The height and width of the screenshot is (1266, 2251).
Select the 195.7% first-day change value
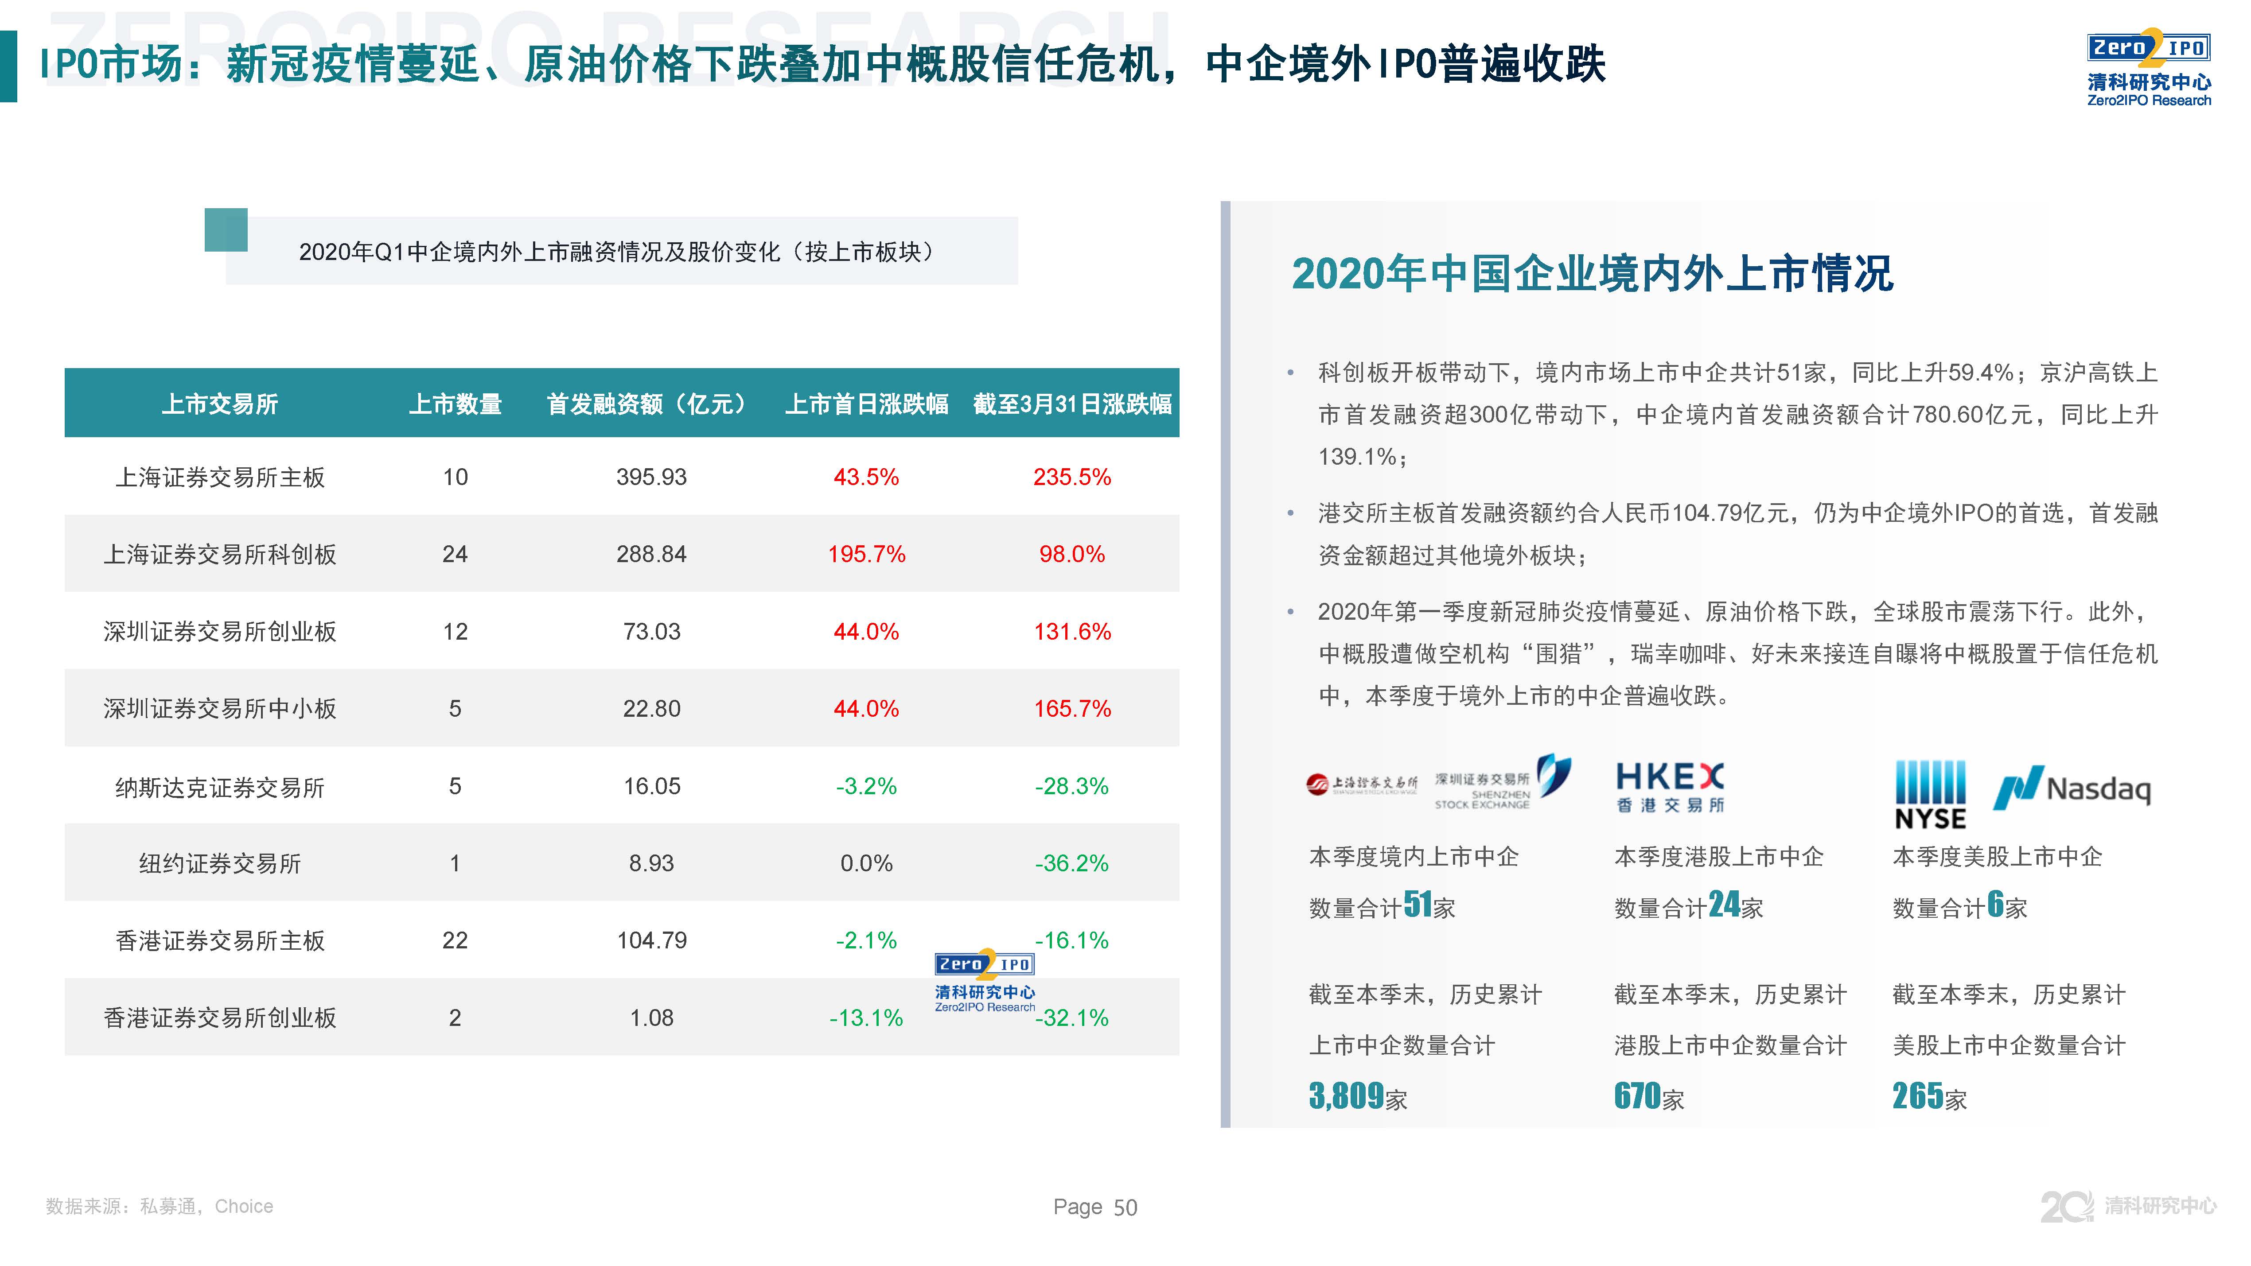click(866, 554)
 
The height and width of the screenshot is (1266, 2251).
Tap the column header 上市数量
click(455, 404)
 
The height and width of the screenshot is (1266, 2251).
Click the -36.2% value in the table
click(1071, 863)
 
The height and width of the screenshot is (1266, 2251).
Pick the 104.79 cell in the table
click(652, 940)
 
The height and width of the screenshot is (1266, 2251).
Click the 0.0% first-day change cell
click(866, 863)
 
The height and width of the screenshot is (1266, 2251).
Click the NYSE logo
click(1929, 793)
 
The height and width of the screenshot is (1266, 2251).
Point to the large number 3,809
click(1347, 1095)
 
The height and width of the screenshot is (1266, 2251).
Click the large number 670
click(1637, 1095)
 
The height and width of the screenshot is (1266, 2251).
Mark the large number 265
click(1917, 1095)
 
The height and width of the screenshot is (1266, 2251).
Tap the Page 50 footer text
click(1095, 1208)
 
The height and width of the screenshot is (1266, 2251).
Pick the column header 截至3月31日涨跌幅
click(1072, 404)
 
